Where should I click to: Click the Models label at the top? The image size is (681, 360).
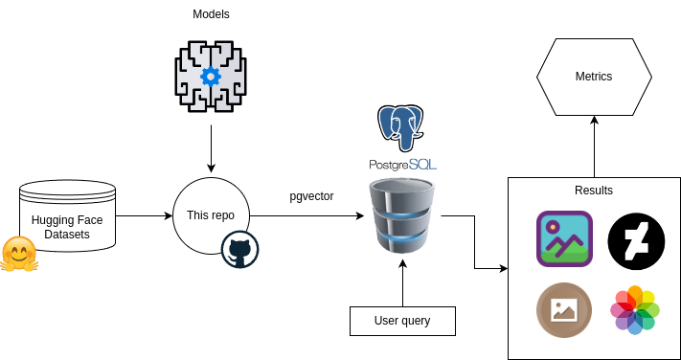coord(211,14)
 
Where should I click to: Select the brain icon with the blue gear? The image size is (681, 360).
coord(211,76)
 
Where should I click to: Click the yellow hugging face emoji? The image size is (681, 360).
coord(18,254)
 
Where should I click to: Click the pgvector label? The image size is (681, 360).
coord(311,196)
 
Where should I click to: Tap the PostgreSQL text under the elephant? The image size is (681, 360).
coord(402,165)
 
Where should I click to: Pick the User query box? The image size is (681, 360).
coord(402,321)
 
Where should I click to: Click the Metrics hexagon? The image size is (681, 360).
coord(594,77)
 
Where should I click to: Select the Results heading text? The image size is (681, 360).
coord(594,191)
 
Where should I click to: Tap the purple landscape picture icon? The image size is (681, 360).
coord(564,239)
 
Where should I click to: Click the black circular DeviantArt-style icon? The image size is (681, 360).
coord(636,241)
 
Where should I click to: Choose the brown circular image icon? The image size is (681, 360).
coord(564,310)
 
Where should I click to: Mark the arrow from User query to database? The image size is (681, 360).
coord(402,282)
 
